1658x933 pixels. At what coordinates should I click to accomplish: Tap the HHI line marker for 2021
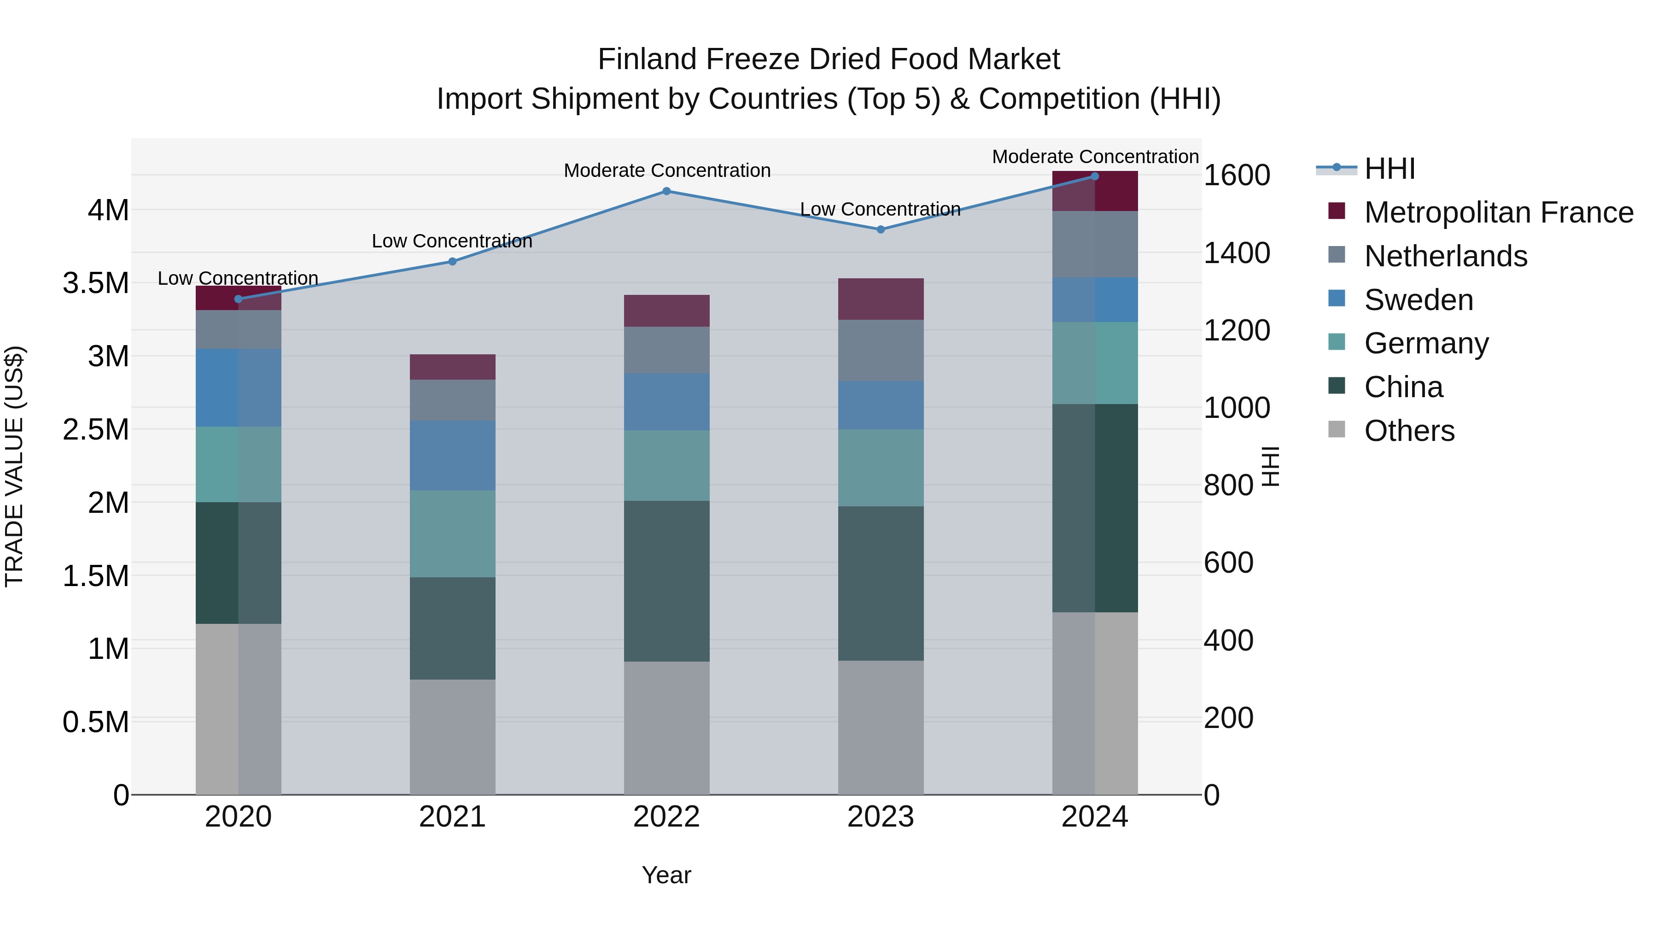(x=452, y=261)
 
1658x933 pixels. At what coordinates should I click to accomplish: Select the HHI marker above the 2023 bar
(x=881, y=230)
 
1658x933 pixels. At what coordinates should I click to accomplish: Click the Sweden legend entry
(x=1418, y=300)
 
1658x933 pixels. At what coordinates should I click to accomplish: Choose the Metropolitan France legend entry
(x=1498, y=212)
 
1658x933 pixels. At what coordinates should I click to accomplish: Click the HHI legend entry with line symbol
(x=1389, y=169)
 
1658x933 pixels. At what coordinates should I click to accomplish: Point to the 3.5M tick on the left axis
(x=95, y=283)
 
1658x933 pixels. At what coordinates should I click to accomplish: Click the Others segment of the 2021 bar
(x=452, y=737)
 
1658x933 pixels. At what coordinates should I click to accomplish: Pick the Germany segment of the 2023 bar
(x=881, y=468)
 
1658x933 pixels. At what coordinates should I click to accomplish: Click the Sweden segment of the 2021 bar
(x=452, y=455)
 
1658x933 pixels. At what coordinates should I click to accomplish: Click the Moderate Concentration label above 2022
(x=667, y=170)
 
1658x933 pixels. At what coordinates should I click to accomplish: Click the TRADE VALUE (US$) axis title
(x=14, y=466)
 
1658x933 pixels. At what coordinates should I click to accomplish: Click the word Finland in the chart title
(x=649, y=59)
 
